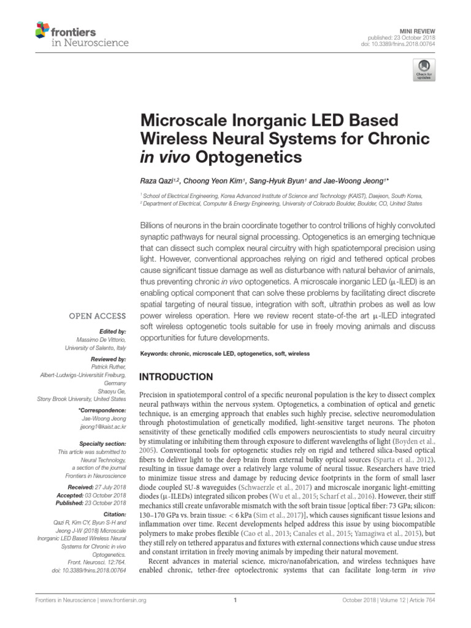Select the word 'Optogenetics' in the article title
tap(250, 156)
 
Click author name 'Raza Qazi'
tap(158, 182)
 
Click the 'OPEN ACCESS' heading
tap(98, 316)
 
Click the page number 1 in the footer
tap(235, 600)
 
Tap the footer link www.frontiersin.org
tap(120, 600)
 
